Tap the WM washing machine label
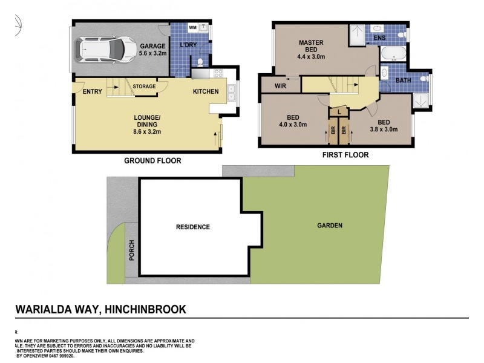[193, 28]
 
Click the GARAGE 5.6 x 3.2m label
[152, 50]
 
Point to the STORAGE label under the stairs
[144, 87]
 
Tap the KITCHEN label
[206, 92]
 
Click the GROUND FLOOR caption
[152, 161]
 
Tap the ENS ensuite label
[379, 39]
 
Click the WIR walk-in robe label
[280, 87]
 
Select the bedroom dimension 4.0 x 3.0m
[293, 125]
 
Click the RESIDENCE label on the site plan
[192, 227]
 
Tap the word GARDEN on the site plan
[330, 226]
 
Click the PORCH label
[132, 250]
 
